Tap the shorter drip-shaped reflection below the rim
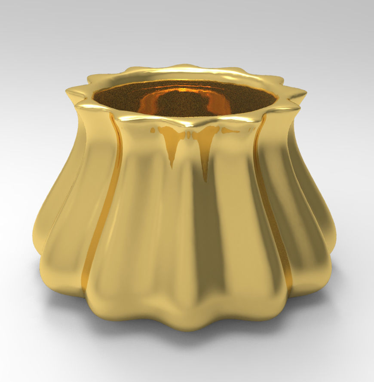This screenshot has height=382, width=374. point(172,146)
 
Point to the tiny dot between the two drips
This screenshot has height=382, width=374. point(188,134)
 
